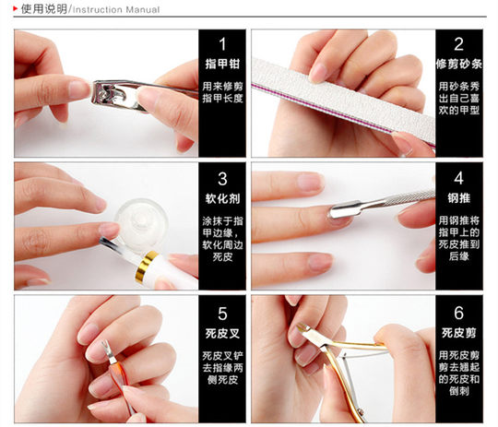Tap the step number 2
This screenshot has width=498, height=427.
pos(458,44)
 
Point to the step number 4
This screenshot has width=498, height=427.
pos(458,178)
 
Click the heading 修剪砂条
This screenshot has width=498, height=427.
pos(458,65)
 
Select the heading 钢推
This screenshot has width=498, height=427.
pos(458,199)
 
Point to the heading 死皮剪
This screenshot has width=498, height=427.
pos(458,332)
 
